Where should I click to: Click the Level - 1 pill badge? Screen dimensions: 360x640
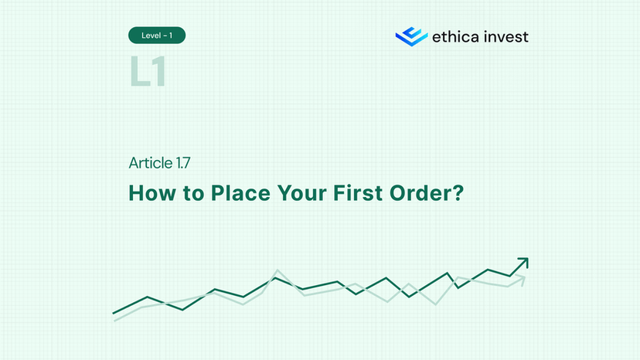coord(157,36)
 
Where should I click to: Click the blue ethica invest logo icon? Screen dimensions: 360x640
coord(410,36)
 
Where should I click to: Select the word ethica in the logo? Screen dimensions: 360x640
coord(455,36)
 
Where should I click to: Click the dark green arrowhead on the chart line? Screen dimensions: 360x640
coord(523,263)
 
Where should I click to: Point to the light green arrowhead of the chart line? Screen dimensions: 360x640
coord(522,278)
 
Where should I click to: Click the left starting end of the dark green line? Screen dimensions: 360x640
coord(114,314)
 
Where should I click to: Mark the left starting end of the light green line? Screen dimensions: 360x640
coord(115,320)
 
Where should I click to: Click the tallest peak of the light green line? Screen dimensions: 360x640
coord(277,271)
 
